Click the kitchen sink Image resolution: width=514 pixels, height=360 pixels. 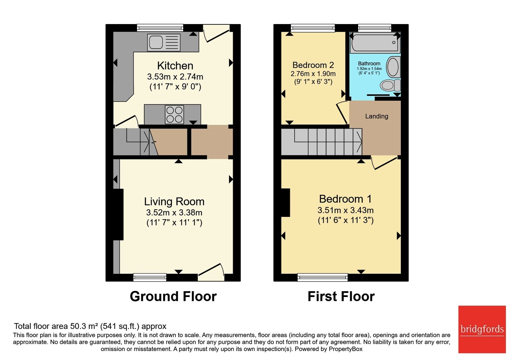click(164, 42)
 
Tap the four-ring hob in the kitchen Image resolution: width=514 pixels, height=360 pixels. click(174, 114)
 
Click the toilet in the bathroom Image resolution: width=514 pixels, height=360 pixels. click(390, 85)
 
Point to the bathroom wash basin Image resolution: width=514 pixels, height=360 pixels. click(393, 67)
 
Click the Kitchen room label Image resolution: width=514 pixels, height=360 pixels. click(175, 66)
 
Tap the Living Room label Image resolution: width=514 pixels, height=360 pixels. click(174, 202)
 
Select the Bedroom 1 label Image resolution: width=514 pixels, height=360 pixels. click(345, 199)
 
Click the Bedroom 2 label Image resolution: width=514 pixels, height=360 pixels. click(313, 65)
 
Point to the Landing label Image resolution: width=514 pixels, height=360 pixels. click(377, 116)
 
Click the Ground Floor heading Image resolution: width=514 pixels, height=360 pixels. click(173, 296)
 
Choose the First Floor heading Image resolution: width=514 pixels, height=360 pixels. click(341, 296)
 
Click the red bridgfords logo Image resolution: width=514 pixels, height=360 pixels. click(482, 329)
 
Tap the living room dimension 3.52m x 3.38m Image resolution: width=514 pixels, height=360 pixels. click(174, 212)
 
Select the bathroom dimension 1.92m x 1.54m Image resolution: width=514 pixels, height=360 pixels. click(369, 69)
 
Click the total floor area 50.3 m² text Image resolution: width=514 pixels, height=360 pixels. click(90, 326)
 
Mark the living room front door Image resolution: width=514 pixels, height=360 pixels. click(211, 272)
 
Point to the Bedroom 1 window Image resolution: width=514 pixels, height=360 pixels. click(323, 277)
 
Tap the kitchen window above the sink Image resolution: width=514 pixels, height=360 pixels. click(160, 28)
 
